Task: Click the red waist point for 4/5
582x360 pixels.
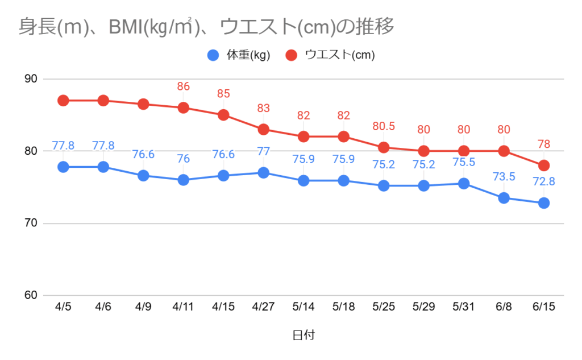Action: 63,101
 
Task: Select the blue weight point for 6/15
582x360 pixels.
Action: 544,203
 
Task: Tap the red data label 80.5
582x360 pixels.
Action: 384,126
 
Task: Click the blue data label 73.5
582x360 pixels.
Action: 504,176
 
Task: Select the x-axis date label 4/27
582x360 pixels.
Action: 263,307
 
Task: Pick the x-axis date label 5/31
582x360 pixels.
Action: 463,307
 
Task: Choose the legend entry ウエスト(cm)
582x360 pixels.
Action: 339,55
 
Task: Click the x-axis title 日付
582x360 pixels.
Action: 303,336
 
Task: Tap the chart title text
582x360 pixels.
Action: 206,26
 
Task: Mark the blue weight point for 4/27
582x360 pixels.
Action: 263,173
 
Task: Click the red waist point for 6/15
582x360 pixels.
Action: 544,165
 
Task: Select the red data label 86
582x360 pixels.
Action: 183,86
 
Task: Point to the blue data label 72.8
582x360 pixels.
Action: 544,182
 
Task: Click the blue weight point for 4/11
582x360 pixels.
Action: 183,180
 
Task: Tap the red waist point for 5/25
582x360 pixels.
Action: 384,147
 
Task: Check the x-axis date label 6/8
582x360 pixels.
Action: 504,307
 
